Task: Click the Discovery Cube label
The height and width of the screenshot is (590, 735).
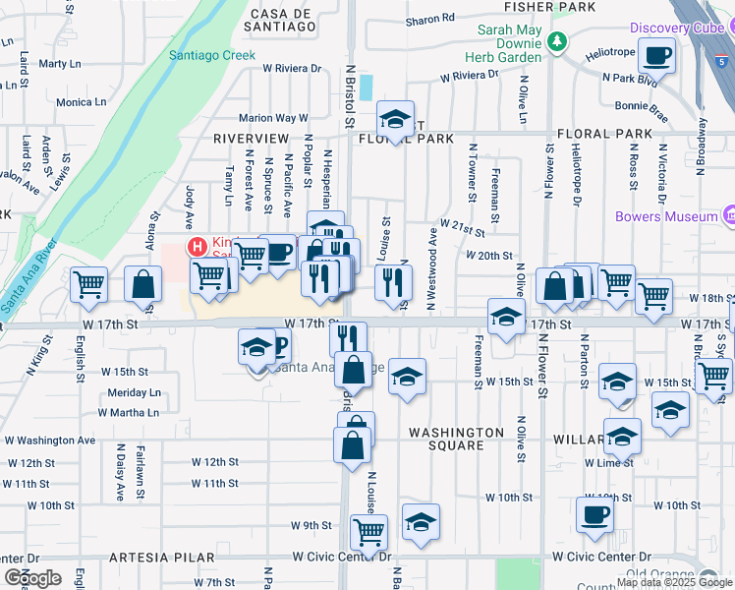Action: pos(679,27)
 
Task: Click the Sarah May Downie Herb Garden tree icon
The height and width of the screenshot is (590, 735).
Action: pos(558,41)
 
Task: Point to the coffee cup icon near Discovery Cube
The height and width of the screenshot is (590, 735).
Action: pos(656,56)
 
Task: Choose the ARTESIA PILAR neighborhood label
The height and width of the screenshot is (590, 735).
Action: pos(162,558)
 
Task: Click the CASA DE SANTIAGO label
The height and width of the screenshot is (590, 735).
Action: pos(282,21)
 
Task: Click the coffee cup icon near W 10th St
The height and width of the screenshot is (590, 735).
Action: pos(594,513)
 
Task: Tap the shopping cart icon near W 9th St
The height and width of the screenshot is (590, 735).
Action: pos(368,532)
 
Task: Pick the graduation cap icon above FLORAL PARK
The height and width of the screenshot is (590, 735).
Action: pos(395,119)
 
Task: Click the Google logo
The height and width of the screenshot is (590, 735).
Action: pos(32,578)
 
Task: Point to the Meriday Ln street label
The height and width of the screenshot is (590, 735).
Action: pos(134,392)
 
